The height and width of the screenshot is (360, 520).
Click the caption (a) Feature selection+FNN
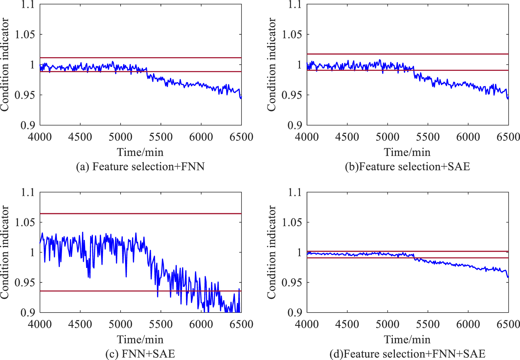(x=140, y=167)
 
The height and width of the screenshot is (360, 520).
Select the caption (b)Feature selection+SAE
(x=407, y=167)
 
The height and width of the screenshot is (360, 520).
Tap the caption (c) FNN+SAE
(x=140, y=354)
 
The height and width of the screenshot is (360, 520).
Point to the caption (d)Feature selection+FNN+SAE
(x=407, y=354)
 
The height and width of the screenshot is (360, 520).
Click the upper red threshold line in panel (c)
(x=97, y=213)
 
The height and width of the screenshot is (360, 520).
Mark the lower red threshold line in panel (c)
(x=97, y=291)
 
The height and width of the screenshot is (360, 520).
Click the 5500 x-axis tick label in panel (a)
(x=161, y=137)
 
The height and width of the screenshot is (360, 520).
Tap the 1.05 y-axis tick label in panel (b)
(x=292, y=34)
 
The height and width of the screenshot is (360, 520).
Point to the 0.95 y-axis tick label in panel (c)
(x=25, y=282)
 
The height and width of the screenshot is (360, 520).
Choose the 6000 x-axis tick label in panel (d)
(x=468, y=324)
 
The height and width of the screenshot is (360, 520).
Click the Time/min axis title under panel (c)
(x=140, y=340)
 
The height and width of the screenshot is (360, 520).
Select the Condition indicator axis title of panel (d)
(x=271, y=252)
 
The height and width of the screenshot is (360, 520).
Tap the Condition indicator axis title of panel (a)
(x=5, y=65)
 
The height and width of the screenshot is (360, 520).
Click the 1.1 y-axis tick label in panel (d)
(x=295, y=192)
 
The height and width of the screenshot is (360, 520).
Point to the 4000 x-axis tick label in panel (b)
(x=307, y=137)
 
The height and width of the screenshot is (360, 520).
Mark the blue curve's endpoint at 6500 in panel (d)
(x=508, y=277)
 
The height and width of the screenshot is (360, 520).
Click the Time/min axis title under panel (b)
(x=407, y=152)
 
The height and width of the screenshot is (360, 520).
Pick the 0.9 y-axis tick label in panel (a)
(x=28, y=125)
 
